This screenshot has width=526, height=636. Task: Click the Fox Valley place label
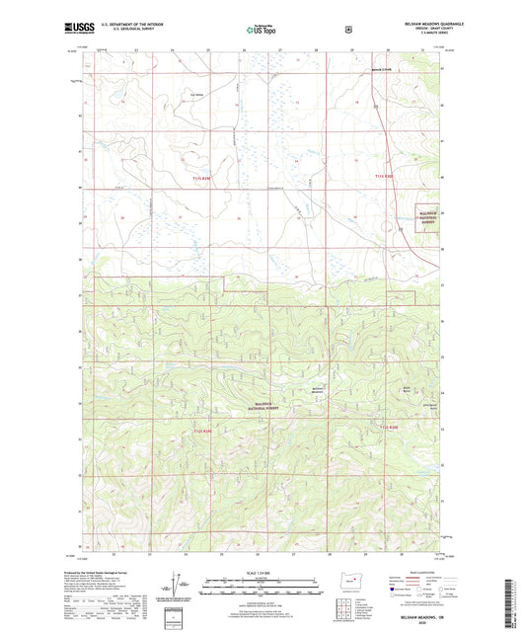click(197, 97)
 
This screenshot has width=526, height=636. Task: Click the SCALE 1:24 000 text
click(262, 572)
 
